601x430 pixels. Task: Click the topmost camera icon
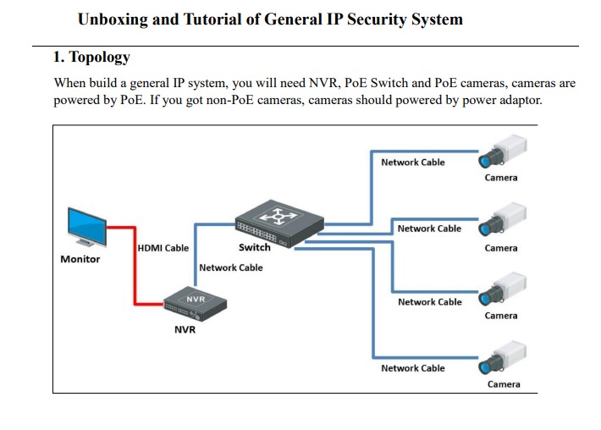[x=502, y=152]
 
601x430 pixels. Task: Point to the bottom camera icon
[x=502, y=359]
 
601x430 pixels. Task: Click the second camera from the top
[x=502, y=220]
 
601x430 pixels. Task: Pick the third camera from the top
[x=502, y=289]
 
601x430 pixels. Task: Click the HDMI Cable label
[x=163, y=248]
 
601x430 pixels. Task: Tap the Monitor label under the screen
[x=80, y=259]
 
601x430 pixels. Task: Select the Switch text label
[x=255, y=248]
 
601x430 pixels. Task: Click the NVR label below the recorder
[x=185, y=330]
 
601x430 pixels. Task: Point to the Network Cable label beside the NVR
[x=231, y=267]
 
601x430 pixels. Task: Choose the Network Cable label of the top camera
[x=412, y=163]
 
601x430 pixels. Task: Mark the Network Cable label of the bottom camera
[x=412, y=368]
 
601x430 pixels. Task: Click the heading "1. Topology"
[x=91, y=58]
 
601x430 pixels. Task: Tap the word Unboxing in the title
[x=113, y=19]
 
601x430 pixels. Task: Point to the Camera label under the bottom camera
[x=504, y=384]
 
